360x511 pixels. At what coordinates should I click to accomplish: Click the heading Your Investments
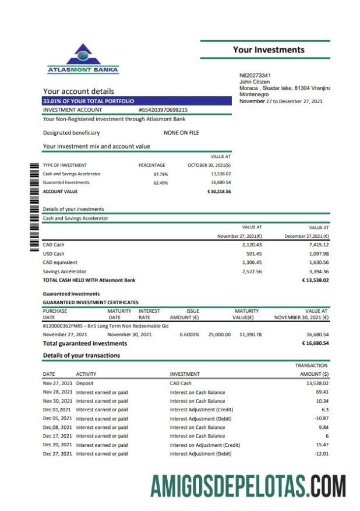point(269,50)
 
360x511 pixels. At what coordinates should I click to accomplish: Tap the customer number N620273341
point(255,75)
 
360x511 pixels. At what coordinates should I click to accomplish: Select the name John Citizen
point(255,82)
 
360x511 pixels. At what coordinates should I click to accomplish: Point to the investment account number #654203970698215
point(163,110)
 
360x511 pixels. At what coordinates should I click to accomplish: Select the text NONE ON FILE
point(181,133)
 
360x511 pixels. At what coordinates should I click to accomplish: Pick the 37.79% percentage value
point(160,174)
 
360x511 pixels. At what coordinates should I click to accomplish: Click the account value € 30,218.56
point(219,191)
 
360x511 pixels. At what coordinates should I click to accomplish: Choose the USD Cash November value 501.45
point(254,253)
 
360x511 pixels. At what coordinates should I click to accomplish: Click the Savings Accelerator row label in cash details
point(65,272)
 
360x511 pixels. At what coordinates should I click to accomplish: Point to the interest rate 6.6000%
point(189,334)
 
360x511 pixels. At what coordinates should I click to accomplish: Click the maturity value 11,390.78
point(250,334)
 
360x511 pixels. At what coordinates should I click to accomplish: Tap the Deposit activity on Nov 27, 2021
point(84,383)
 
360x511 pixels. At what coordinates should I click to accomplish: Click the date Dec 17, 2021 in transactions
point(58,436)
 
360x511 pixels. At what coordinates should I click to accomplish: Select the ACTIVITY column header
point(86,374)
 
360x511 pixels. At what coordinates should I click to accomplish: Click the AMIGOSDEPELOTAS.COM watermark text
point(248,485)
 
